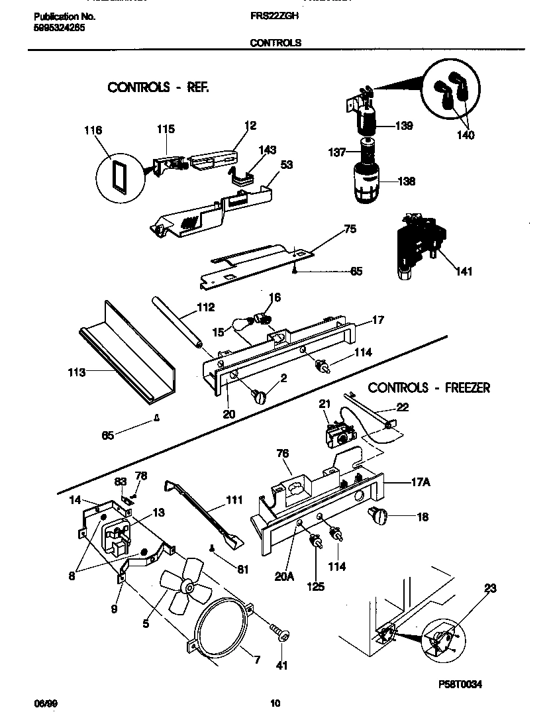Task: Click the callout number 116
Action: click(x=93, y=130)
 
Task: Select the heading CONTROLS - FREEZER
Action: click(x=428, y=387)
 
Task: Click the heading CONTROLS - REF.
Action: click(x=158, y=87)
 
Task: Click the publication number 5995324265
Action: click(x=58, y=28)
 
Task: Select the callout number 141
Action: click(x=464, y=272)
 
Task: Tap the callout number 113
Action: click(x=76, y=373)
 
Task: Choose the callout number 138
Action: click(x=406, y=181)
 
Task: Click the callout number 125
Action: click(x=315, y=586)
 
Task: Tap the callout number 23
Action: click(x=490, y=588)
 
